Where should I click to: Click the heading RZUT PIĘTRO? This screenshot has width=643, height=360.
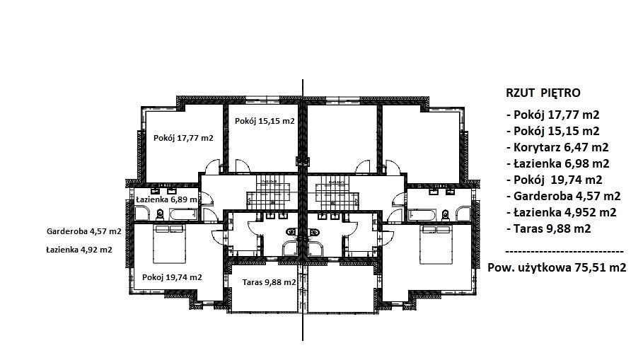click(x=543, y=93)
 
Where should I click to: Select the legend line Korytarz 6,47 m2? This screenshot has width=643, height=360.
click(x=557, y=147)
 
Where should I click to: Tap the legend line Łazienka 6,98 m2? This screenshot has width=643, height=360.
click(x=558, y=163)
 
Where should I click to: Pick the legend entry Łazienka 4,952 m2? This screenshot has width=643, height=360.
click(x=562, y=212)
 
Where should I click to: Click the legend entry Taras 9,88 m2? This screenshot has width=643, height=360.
click(x=549, y=228)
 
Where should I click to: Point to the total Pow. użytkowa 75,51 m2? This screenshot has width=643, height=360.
click(x=557, y=268)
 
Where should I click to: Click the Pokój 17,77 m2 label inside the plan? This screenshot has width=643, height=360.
click(x=183, y=138)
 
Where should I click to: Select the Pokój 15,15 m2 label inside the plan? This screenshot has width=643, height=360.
click(x=265, y=121)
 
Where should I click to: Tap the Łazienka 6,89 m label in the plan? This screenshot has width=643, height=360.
click(x=166, y=199)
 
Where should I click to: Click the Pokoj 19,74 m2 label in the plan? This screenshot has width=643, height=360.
click(x=172, y=277)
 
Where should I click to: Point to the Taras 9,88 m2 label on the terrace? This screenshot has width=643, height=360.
click(x=269, y=282)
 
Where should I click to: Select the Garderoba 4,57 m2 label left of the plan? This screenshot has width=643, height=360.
click(x=84, y=231)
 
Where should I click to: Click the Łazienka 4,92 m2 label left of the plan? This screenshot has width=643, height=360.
click(x=79, y=249)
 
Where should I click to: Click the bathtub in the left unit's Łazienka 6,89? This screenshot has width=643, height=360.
click(x=184, y=214)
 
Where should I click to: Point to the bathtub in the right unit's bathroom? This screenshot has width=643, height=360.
click(x=421, y=215)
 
